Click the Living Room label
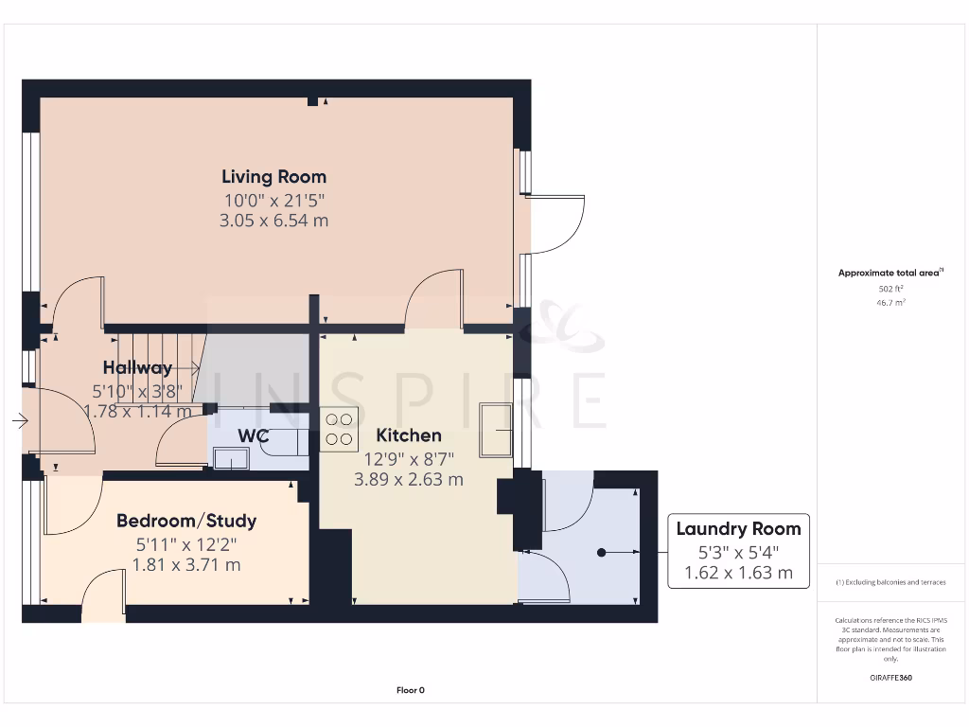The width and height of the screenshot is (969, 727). (273, 176)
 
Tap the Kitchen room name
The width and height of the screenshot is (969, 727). (409, 435)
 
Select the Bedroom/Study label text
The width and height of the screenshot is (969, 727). (186, 521)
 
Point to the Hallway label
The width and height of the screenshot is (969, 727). (138, 368)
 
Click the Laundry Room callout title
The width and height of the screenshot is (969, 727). (738, 529)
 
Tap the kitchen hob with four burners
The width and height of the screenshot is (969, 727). (339, 429)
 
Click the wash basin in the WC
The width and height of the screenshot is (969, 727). (230, 459)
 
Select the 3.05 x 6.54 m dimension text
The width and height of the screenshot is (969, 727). (273, 221)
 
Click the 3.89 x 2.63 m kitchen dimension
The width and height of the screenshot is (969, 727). (409, 480)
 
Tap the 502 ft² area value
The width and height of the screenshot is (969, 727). (890, 289)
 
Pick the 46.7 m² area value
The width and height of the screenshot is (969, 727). (890, 303)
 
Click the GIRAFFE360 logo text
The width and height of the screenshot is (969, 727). (890, 678)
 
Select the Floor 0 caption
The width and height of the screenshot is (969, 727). (410, 690)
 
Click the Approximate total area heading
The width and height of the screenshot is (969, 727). (890, 273)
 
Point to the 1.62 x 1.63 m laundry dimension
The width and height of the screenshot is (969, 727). (738, 573)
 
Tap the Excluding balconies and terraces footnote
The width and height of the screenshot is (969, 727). (890, 582)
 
